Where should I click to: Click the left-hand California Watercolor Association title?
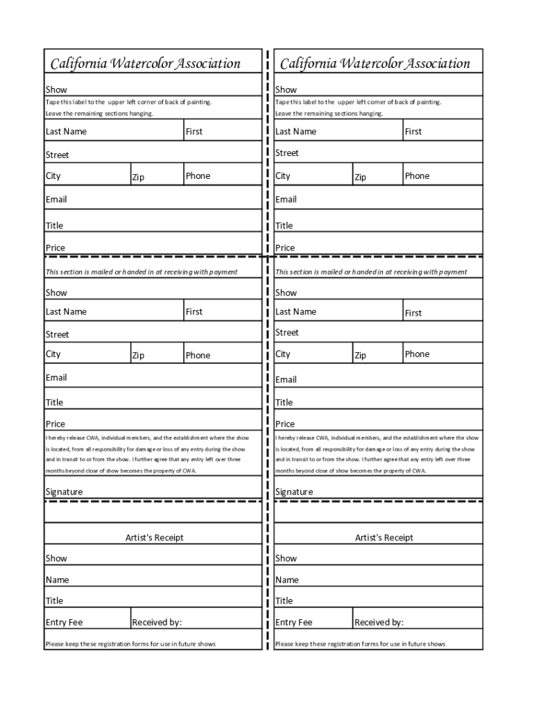pos(145,64)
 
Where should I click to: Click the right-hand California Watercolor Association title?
pos(374,64)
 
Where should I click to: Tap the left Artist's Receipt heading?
pos(154,537)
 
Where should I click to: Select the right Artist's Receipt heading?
pos(384,537)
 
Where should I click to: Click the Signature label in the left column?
pos(64,492)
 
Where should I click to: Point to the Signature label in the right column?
pos(293,492)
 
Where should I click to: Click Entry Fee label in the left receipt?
pos(64,622)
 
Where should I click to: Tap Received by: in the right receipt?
pos(379,622)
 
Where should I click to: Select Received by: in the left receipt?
pos(157,622)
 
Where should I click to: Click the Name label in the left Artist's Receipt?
pos(57,580)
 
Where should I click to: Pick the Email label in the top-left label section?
pos(56,199)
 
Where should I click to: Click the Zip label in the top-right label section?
pos(360,177)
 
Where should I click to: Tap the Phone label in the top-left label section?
pos(198,176)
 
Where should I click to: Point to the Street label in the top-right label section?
pos(286,153)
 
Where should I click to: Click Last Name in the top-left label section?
pos(66,131)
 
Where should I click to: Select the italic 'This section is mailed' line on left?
pos(141,272)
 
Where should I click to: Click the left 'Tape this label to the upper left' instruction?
pos(128,102)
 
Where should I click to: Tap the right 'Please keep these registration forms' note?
pos(360,644)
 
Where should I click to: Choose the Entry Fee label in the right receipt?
pos(293,622)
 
